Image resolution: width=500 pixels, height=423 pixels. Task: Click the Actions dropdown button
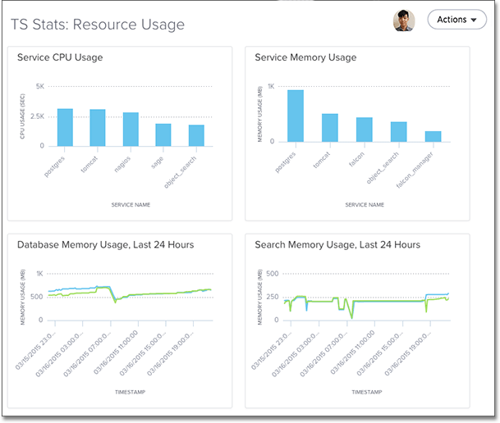[456, 20]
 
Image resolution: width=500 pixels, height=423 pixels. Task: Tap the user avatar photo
[404, 20]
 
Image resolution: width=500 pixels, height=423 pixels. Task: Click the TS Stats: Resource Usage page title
[97, 25]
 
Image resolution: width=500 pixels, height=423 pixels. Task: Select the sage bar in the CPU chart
[163, 135]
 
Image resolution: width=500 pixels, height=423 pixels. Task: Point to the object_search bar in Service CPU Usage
[196, 135]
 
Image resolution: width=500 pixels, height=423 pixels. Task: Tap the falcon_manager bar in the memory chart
[433, 139]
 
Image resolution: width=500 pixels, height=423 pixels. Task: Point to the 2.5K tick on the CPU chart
[38, 116]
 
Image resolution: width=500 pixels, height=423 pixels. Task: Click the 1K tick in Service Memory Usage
[272, 86]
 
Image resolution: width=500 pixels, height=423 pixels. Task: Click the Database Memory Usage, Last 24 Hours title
[106, 244]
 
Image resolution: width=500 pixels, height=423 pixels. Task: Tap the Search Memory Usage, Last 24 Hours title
[337, 244]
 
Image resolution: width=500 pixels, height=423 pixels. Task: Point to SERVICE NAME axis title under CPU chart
[131, 205]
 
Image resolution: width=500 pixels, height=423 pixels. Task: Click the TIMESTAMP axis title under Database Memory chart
[131, 393]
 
